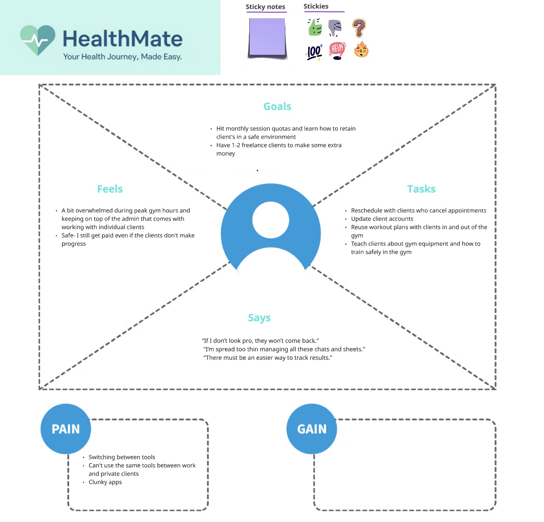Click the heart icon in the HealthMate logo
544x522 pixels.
coord(38,40)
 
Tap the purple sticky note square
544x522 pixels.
coord(267,37)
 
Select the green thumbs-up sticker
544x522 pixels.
coord(315,28)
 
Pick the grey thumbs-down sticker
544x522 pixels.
coord(335,28)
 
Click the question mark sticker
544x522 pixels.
coord(359,28)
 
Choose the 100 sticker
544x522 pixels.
coord(314,52)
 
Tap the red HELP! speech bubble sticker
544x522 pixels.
coord(337,51)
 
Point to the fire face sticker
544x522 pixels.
coord(361,50)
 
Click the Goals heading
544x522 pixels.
coord(277,107)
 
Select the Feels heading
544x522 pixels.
coord(110,189)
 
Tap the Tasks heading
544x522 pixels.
coord(421,189)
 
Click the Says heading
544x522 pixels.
coord(259,318)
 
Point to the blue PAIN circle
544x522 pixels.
coord(66,429)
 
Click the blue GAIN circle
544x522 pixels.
coord(312,429)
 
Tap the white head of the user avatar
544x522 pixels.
coord(271,220)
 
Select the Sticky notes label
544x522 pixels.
coord(265,7)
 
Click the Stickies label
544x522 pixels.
coord(316,6)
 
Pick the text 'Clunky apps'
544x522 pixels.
coord(105,482)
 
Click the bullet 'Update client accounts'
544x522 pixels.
coord(382,219)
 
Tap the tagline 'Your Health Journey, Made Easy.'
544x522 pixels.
coord(123,57)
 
